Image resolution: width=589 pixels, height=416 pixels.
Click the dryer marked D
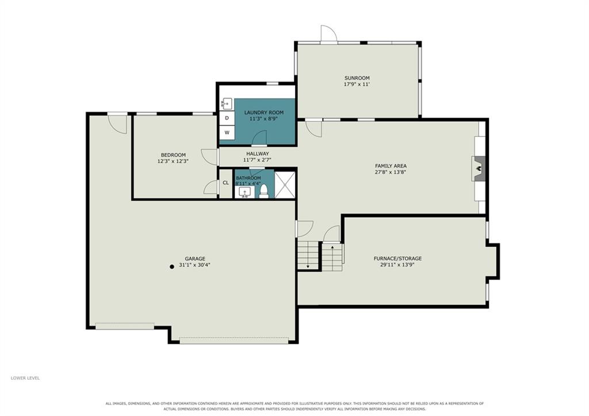point(227,118)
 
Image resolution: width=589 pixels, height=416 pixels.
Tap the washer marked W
point(227,132)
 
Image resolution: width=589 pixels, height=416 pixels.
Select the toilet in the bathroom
point(263,190)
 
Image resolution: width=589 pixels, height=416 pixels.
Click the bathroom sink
point(244,192)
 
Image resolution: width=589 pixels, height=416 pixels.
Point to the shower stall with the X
point(285,185)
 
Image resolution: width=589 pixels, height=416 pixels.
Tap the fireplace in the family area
point(478,169)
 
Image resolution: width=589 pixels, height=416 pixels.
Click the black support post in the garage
point(171,266)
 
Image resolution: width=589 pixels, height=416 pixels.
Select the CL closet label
point(225,183)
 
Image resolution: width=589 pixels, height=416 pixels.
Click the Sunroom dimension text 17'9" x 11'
point(357,84)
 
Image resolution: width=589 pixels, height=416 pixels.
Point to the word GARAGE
point(195,258)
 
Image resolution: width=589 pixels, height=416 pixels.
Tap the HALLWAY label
point(258,153)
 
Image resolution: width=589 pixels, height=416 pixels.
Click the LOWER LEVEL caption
point(25,378)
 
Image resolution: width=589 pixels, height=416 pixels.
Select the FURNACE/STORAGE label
point(397,258)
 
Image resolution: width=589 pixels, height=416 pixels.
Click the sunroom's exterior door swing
point(329,33)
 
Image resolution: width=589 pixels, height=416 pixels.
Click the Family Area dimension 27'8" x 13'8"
point(391,172)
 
